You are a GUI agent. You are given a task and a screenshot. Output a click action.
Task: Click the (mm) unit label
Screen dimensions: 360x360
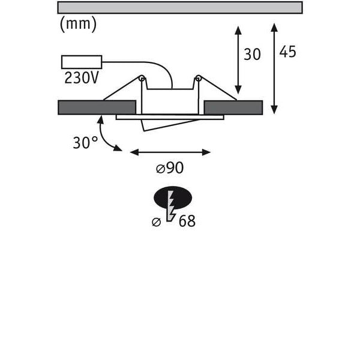(x=78, y=25)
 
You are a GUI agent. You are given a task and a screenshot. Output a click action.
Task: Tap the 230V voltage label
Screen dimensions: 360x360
(x=82, y=78)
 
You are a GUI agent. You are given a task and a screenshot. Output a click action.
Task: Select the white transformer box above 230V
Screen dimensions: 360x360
(x=82, y=62)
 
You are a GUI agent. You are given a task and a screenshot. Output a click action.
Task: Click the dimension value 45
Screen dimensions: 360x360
(x=287, y=52)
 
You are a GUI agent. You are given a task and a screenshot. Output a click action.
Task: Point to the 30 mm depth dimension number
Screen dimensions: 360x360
(x=252, y=55)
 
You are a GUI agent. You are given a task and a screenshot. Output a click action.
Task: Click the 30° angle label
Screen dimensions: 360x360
(x=85, y=143)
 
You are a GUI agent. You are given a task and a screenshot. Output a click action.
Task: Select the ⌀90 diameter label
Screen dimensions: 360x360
(x=170, y=168)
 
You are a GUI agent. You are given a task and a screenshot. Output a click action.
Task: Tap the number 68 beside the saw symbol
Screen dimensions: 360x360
(x=187, y=221)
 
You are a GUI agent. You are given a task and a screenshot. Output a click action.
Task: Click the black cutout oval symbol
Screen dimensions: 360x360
(x=173, y=197)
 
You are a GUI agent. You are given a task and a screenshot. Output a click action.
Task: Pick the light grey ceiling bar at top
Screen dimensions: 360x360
(x=180, y=8)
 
